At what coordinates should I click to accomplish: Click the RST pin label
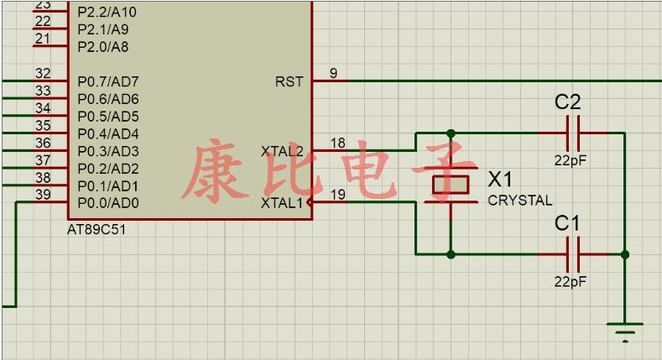click(289, 81)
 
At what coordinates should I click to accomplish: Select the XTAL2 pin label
click(282, 151)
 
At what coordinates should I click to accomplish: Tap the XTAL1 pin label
click(282, 202)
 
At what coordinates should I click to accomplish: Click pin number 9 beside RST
click(333, 73)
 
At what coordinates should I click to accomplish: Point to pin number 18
click(337, 143)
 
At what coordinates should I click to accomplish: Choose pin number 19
click(337, 195)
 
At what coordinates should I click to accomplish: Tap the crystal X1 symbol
click(451, 185)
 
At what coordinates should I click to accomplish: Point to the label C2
click(568, 102)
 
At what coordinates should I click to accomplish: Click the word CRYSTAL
click(519, 201)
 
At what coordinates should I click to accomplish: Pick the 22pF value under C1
click(571, 282)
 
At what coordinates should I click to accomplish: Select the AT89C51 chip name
click(96, 229)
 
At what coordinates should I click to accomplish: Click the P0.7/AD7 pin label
click(108, 81)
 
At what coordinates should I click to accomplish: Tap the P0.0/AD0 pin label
click(108, 202)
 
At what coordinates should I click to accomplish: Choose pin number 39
click(43, 195)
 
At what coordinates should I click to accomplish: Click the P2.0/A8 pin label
click(102, 47)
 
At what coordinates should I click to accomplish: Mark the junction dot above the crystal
click(451, 133)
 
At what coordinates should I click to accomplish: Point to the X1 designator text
click(501, 180)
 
